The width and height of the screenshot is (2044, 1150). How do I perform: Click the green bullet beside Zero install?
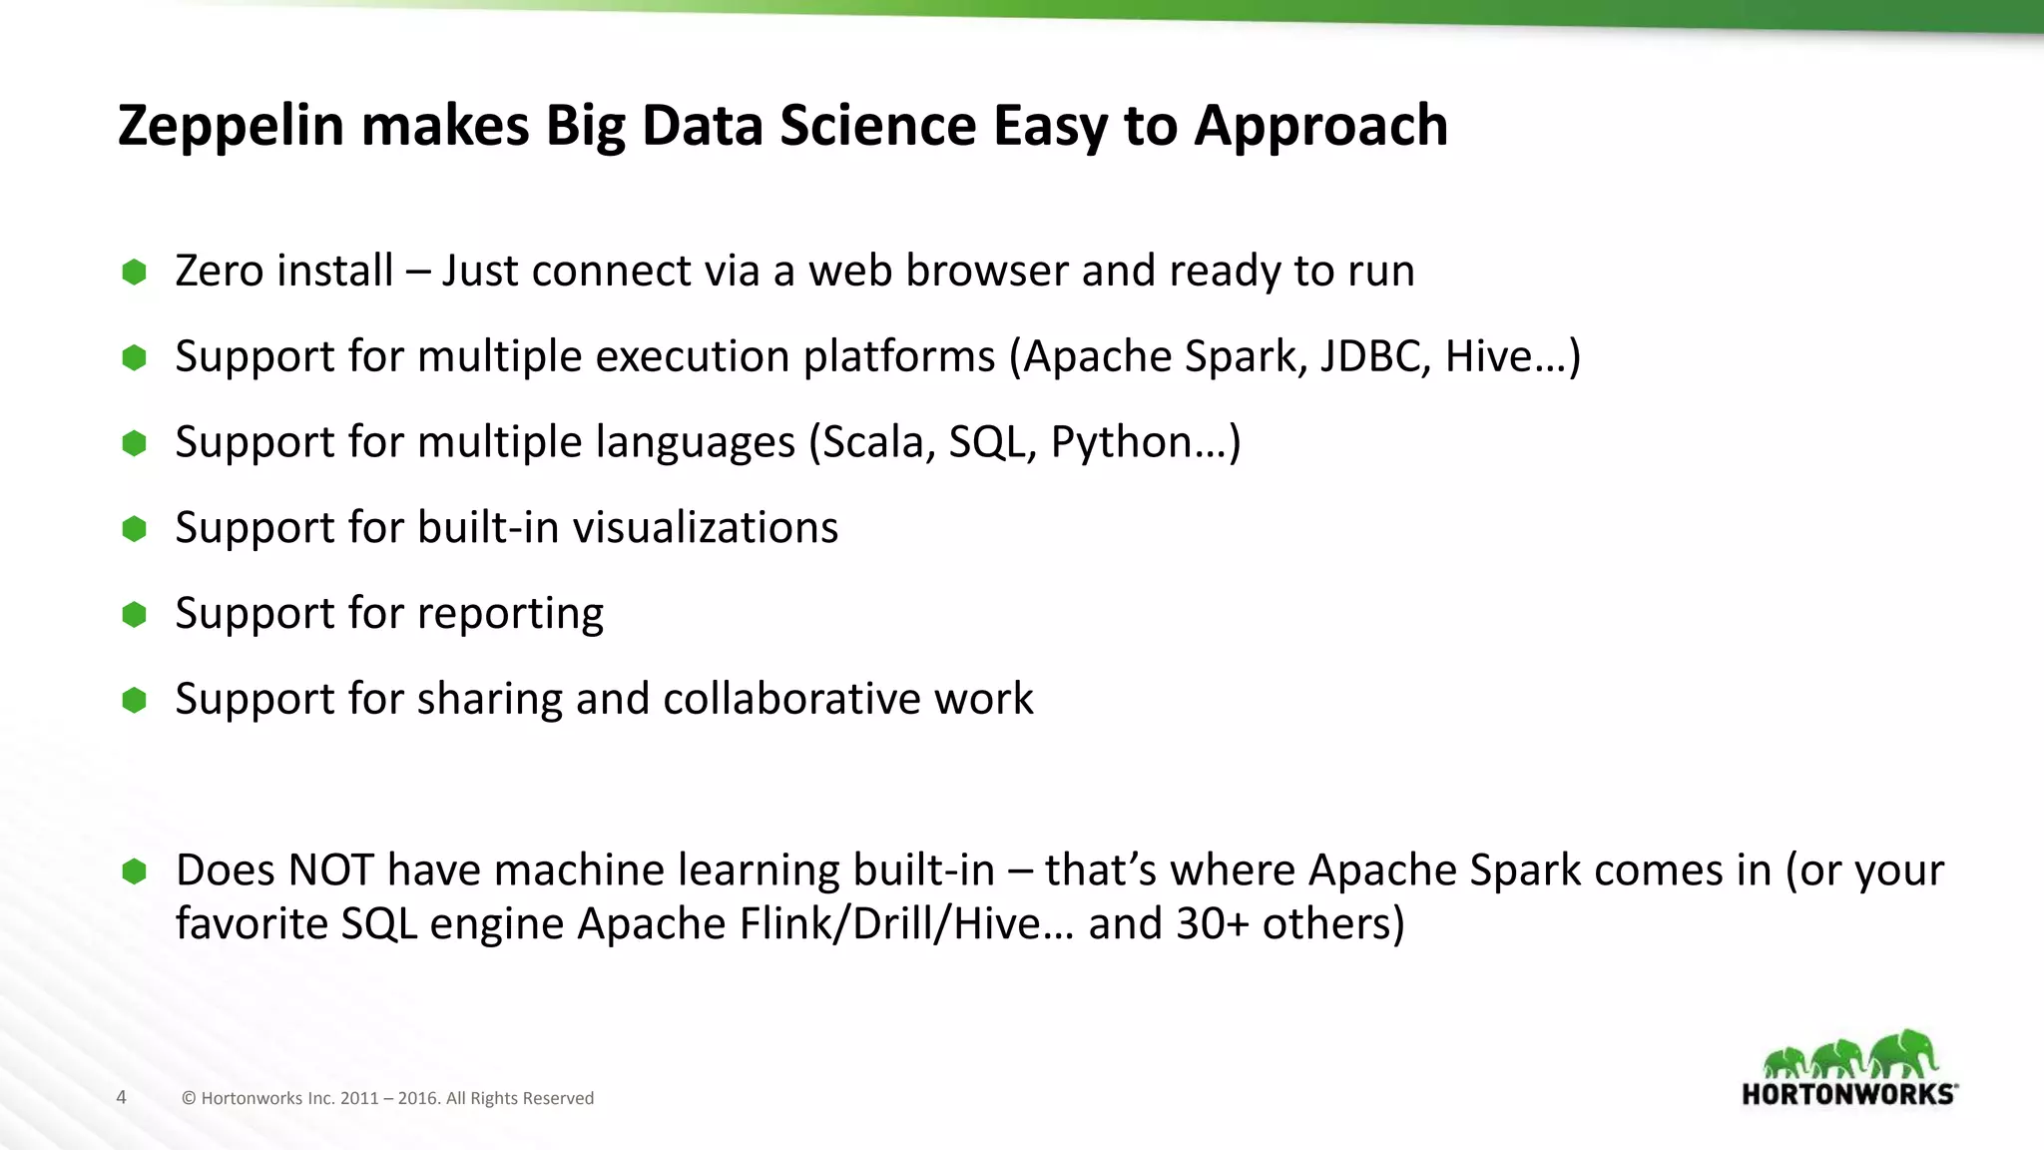(x=134, y=272)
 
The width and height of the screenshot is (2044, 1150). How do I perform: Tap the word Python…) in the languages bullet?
(x=1145, y=442)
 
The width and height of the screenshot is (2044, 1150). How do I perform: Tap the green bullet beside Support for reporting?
(x=134, y=614)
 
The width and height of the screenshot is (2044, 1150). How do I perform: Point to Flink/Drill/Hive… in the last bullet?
(x=906, y=923)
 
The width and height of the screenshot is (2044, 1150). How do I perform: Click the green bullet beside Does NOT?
(x=134, y=871)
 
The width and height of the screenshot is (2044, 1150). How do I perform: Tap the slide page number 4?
(x=121, y=1097)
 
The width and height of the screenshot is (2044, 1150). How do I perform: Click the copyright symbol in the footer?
(x=189, y=1098)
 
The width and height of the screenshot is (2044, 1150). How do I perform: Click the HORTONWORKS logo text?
(x=1848, y=1094)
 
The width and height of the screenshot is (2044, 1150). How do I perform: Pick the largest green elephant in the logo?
(x=1904, y=1053)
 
